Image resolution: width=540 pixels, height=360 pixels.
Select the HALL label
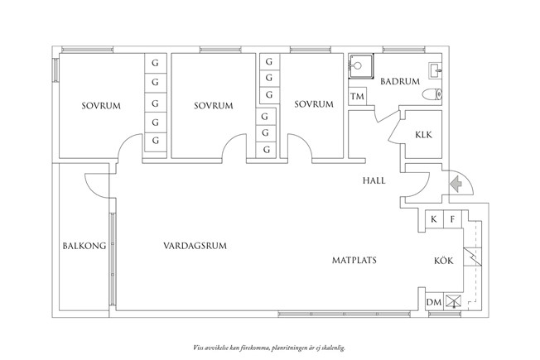374,180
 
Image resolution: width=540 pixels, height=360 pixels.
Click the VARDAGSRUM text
195,245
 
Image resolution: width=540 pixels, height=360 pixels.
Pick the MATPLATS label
354,260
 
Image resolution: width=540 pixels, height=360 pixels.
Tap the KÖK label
443,261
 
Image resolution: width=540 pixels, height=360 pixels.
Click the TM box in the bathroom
358,98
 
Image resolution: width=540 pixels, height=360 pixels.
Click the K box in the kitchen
434,219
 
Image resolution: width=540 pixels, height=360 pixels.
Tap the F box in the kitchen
452,219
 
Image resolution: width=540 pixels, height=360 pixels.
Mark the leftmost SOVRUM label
98,105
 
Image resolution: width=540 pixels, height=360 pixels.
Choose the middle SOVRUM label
213,105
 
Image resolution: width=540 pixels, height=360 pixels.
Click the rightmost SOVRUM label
313,104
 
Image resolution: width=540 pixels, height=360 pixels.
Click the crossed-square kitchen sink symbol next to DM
453,301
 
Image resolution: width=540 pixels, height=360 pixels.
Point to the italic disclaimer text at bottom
270,348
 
